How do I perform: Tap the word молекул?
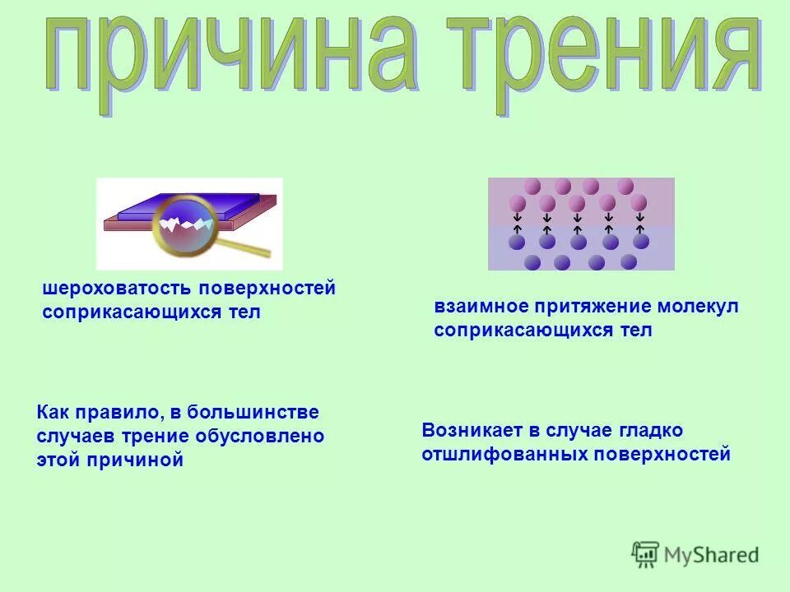(698, 307)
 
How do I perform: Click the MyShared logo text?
(711, 555)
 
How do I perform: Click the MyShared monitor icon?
(645, 554)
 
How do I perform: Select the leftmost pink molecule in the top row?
(532, 186)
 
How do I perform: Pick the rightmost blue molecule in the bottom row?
(629, 261)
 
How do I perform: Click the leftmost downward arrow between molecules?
(518, 218)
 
